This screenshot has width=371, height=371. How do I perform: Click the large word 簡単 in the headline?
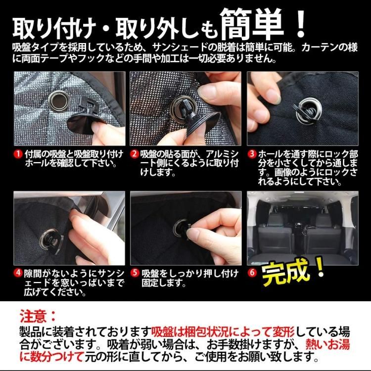(252, 24)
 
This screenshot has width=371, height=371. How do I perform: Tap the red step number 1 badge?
(18, 154)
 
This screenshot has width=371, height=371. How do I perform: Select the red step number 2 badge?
(134, 154)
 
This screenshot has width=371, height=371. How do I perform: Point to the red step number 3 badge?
(252, 154)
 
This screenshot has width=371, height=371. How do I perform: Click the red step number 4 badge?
(18, 273)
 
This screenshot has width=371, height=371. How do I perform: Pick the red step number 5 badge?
(135, 273)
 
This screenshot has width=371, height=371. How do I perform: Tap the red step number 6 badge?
(252, 273)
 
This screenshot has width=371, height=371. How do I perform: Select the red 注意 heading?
(34, 316)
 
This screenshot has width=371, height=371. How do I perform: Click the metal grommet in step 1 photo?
(58, 100)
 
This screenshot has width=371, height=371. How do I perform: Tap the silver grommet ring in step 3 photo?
(308, 112)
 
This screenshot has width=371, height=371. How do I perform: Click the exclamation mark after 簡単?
(300, 24)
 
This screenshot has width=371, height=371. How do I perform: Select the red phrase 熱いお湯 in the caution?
(327, 344)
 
